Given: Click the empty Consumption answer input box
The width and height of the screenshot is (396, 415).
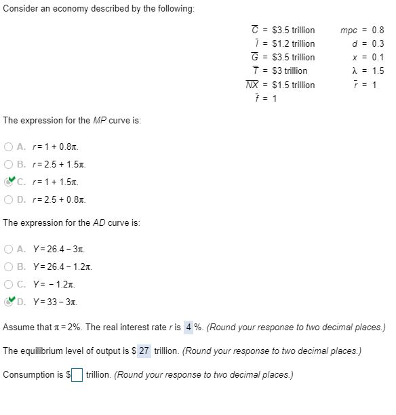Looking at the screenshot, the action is pyautogui.click(x=77, y=375).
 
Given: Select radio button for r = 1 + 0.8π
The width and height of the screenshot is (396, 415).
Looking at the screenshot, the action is pyautogui.click(x=8, y=146).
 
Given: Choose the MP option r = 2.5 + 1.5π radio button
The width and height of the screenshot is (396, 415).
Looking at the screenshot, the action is pyautogui.click(x=8, y=164).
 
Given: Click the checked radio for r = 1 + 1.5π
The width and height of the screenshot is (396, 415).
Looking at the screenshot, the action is pyautogui.click(x=8, y=182).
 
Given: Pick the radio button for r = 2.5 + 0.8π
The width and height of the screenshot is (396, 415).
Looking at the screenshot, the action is pyautogui.click(x=8, y=199).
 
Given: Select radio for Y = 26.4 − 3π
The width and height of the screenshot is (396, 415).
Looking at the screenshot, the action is pyautogui.click(x=8, y=250).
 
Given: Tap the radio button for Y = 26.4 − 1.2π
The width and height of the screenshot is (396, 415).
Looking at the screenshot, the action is pyautogui.click(x=8, y=267).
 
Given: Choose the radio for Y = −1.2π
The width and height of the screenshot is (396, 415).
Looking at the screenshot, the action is pyautogui.click(x=8, y=285).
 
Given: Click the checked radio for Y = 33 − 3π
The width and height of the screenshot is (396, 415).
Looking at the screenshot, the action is pyautogui.click(x=8, y=302).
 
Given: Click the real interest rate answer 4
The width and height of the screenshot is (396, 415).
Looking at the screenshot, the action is pyautogui.click(x=189, y=328).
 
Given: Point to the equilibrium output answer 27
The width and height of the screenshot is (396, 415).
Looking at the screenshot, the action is pyautogui.click(x=144, y=351).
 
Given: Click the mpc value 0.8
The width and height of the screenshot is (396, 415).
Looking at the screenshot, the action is pyautogui.click(x=377, y=31).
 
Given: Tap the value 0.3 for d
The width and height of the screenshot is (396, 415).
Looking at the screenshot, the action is pyautogui.click(x=377, y=44).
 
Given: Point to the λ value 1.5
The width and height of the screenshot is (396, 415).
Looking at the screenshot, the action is pyautogui.click(x=377, y=71).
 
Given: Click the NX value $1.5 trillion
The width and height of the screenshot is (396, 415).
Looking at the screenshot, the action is pyautogui.click(x=293, y=85).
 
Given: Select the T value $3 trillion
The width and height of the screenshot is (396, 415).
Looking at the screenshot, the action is pyautogui.click(x=289, y=71).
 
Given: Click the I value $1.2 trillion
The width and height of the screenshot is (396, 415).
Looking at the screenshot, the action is pyautogui.click(x=293, y=44).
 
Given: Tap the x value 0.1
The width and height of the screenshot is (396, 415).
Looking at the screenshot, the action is pyautogui.click(x=377, y=58).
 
